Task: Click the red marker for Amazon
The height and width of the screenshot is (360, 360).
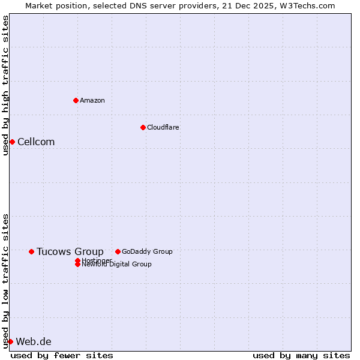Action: tap(76, 100)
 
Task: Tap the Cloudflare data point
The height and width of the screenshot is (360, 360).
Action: tap(143, 127)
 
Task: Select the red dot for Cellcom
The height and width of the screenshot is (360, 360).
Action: tap(12, 142)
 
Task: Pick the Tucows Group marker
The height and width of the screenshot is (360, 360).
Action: tap(31, 251)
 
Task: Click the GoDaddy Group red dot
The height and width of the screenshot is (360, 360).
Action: tap(118, 251)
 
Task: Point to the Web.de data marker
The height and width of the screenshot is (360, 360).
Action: tap(10, 341)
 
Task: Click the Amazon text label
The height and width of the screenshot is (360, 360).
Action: tap(92, 100)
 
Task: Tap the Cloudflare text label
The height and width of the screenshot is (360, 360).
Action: tap(163, 127)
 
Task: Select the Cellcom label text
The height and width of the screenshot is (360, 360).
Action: tap(36, 142)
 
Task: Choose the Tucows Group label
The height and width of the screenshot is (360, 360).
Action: tap(70, 251)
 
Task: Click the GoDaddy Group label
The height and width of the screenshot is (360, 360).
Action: tap(147, 251)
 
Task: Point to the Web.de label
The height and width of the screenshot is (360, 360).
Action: tap(34, 341)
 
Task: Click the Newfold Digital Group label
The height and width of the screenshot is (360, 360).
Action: tap(116, 265)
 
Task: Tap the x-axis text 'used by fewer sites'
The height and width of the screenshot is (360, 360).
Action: tap(62, 355)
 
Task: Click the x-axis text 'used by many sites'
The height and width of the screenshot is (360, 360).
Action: tap(301, 355)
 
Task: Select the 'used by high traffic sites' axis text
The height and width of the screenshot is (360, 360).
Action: tap(5, 85)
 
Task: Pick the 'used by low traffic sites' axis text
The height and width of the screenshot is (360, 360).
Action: tap(5, 280)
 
